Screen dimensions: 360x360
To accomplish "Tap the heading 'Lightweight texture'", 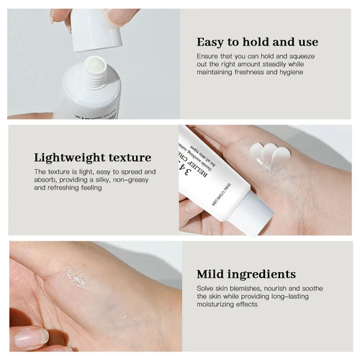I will [x=93, y=157].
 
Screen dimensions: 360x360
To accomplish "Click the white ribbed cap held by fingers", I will [x=96, y=29].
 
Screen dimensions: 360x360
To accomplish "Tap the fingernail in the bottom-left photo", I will [x=30, y=336].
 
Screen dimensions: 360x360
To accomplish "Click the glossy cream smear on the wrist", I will [x=74, y=275].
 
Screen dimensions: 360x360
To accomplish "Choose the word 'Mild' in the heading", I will [x=210, y=274].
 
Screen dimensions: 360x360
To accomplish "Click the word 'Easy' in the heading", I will [x=212, y=41].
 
